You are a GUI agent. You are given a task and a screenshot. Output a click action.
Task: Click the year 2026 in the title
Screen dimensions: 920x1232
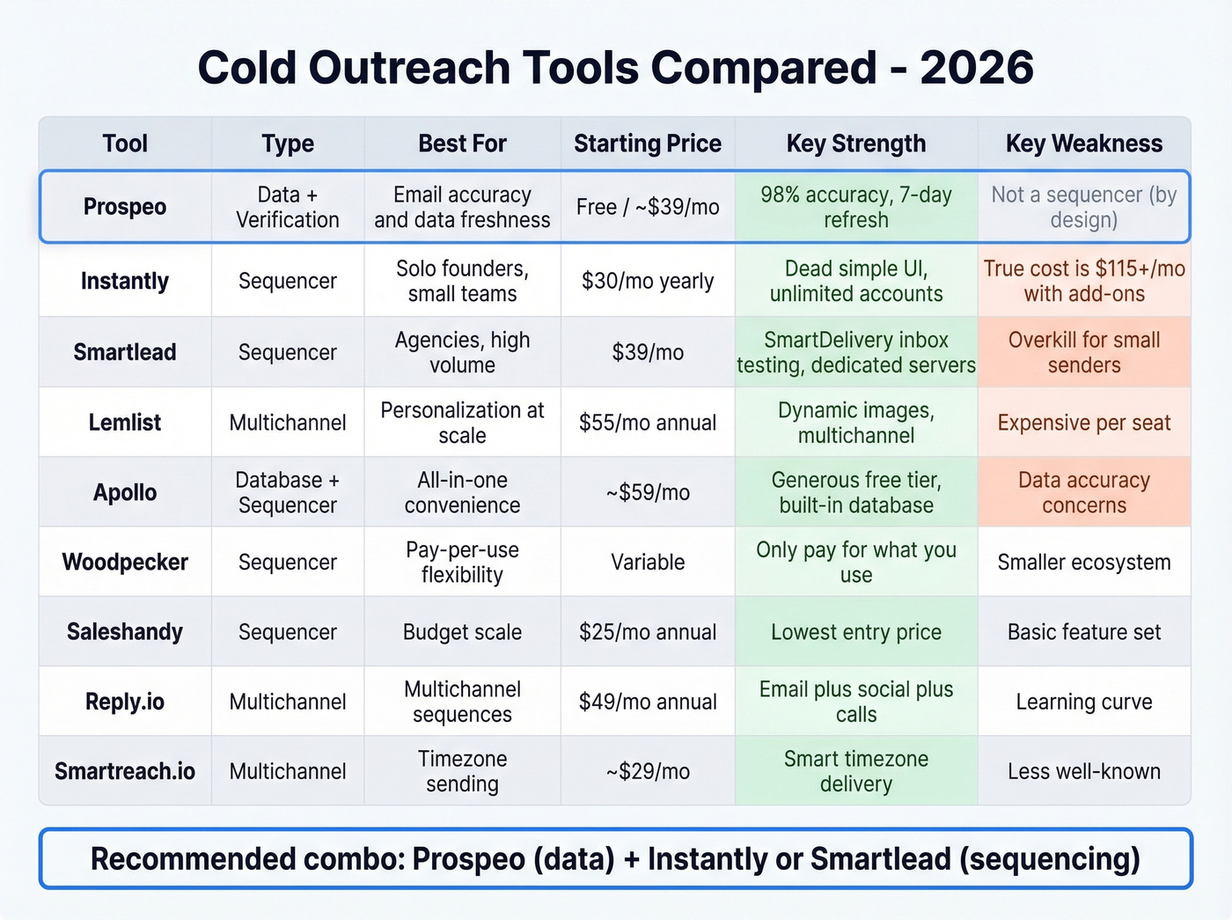click(977, 68)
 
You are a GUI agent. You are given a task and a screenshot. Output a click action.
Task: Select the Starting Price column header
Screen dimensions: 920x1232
click(648, 144)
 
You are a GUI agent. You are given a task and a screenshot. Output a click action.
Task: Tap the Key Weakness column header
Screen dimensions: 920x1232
click(1083, 144)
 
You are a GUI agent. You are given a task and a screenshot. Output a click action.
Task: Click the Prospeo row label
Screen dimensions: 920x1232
click(125, 207)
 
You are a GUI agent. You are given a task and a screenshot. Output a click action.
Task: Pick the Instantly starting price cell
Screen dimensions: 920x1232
click(648, 281)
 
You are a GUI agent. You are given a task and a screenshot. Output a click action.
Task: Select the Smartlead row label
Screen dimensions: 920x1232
click(125, 352)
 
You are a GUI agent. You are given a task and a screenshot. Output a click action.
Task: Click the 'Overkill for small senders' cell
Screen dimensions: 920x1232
click(1083, 352)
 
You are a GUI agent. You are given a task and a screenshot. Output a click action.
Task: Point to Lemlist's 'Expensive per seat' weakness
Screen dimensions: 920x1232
click(1083, 423)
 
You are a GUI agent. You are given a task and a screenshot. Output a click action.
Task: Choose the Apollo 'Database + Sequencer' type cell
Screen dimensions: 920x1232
click(287, 492)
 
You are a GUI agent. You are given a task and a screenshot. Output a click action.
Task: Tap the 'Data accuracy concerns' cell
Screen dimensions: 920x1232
click(1083, 492)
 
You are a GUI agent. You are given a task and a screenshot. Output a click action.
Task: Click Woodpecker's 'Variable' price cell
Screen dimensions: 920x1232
click(648, 562)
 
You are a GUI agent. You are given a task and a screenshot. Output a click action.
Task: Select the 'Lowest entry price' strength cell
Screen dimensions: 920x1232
click(855, 632)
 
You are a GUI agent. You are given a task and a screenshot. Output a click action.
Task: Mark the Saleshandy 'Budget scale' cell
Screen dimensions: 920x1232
click(462, 632)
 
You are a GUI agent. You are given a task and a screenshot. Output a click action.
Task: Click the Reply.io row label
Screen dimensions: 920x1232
click(125, 702)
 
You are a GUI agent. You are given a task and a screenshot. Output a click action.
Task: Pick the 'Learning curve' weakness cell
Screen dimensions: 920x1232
click(1083, 702)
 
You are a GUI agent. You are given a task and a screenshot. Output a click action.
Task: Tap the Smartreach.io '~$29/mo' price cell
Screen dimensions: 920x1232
click(648, 771)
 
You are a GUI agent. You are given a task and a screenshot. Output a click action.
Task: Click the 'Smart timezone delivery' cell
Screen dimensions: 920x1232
click(855, 771)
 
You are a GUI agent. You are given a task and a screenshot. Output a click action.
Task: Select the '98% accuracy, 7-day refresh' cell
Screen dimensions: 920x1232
click(855, 207)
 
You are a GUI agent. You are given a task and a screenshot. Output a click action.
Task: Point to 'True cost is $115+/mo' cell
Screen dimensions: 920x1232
click(1083, 281)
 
